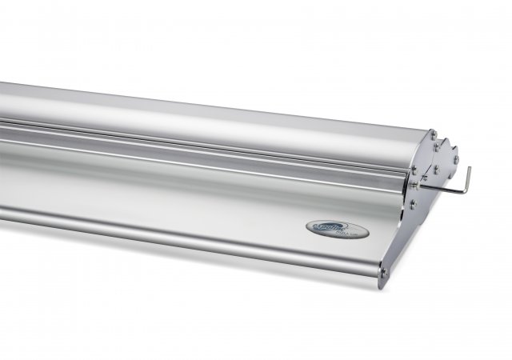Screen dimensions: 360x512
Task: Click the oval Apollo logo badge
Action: click(x=338, y=230)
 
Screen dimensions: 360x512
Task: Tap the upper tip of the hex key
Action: click(x=469, y=168)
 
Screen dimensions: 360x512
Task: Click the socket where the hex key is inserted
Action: click(x=415, y=186)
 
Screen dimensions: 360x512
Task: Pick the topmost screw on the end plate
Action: click(x=433, y=134)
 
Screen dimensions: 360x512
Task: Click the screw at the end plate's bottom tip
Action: click(x=384, y=274)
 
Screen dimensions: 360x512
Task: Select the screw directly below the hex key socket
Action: click(x=413, y=205)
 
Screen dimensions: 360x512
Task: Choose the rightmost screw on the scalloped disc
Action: click(x=457, y=160)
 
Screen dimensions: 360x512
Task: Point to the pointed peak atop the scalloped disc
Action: click(x=445, y=137)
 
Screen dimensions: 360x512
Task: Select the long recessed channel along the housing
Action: click(x=200, y=148)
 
